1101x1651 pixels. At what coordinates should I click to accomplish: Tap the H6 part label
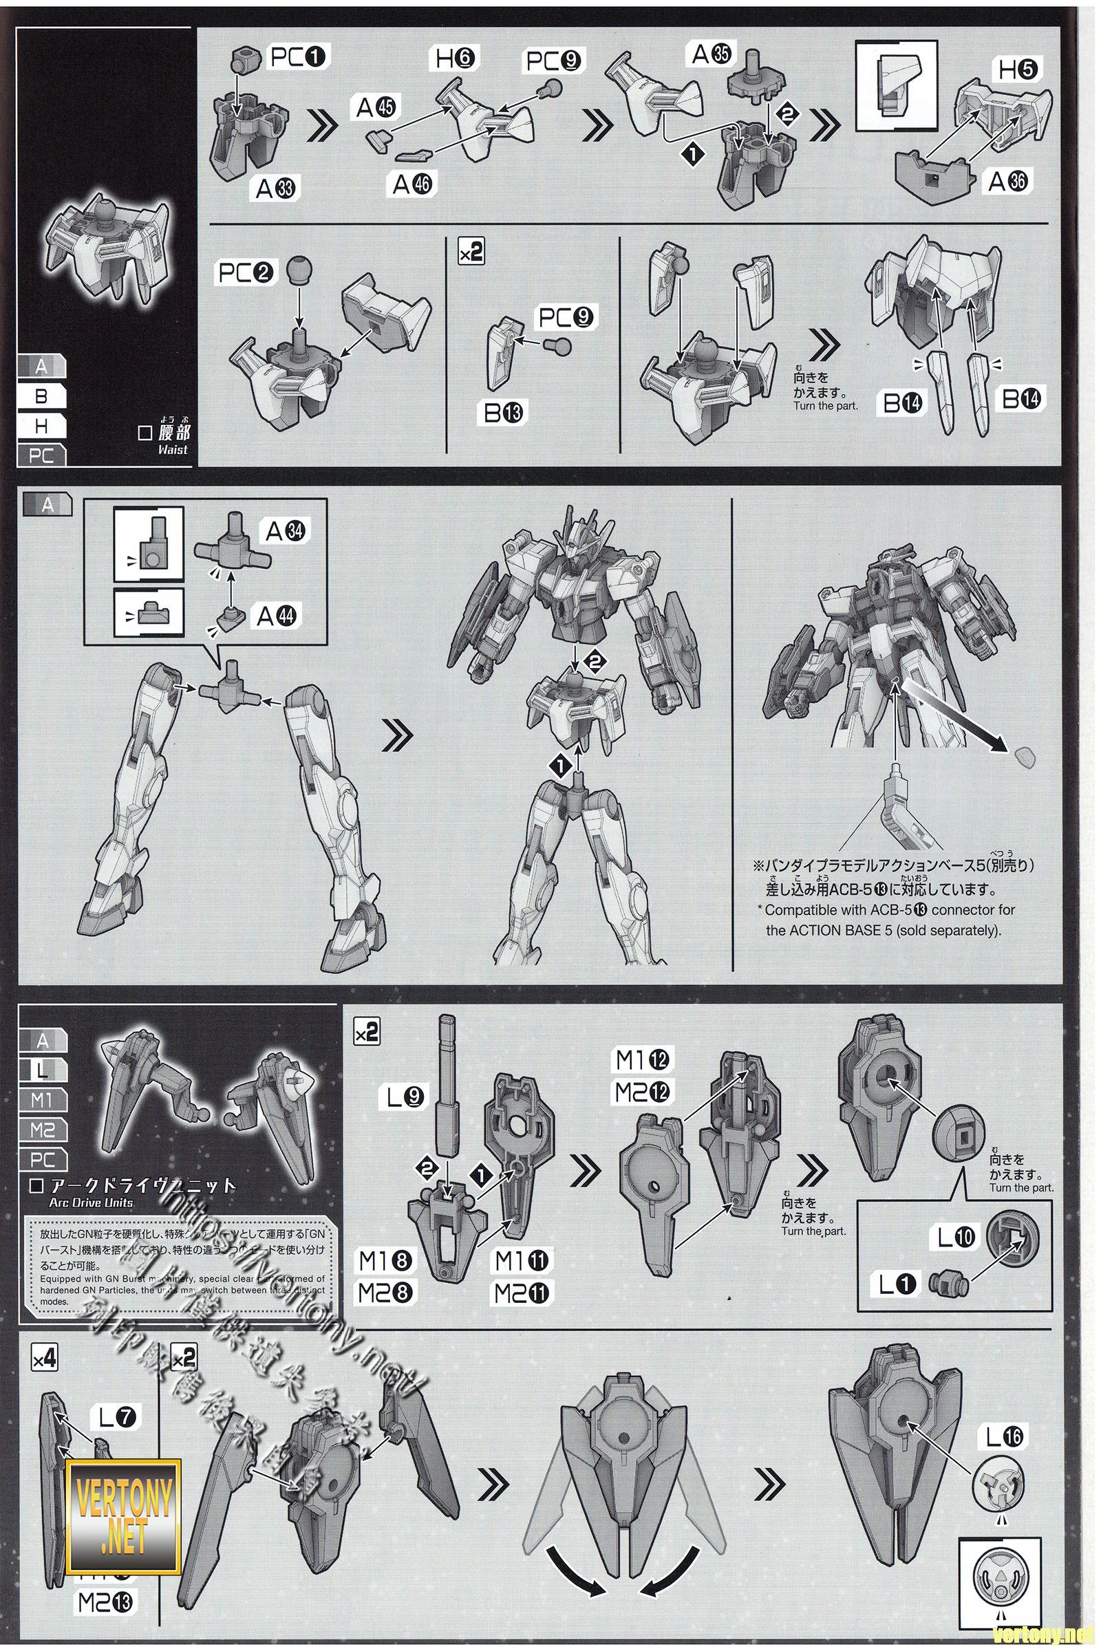point(455,58)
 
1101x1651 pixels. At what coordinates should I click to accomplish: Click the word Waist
point(173,449)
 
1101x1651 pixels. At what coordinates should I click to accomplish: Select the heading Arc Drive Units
point(91,1202)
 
